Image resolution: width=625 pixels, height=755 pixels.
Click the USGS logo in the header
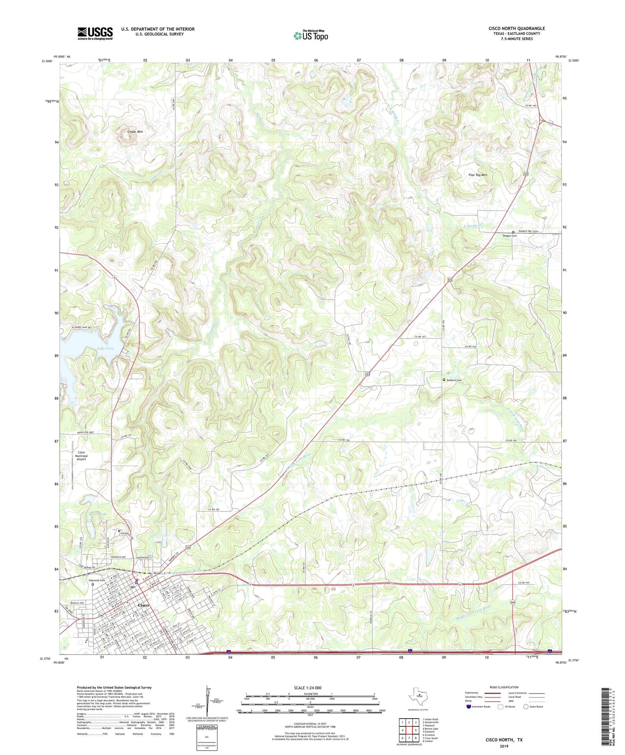click(x=95, y=33)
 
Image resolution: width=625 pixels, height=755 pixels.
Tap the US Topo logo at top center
click(x=311, y=35)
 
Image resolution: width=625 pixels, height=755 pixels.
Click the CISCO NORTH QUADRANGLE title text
click(x=516, y=29)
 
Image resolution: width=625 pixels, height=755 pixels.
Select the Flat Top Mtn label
click(x=478, y=175)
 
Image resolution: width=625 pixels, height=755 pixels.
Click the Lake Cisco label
click(x=105, y=348)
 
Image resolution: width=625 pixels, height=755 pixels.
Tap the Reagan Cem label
click(x=509, y=236)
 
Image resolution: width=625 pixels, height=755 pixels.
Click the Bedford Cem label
click(x=454, y=380)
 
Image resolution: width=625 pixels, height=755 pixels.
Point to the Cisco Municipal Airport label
click(x=81, y=456)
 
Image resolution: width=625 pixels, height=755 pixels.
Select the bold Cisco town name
click(x=143, y=605)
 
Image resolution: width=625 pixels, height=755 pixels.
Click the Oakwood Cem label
click(x=96, y=580)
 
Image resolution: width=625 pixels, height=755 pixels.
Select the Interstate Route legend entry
click(x=478, y=707)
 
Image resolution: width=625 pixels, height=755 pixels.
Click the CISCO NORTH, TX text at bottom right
click(x=503, y=740)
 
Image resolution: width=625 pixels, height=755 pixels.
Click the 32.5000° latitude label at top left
click(x=45, y=61)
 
